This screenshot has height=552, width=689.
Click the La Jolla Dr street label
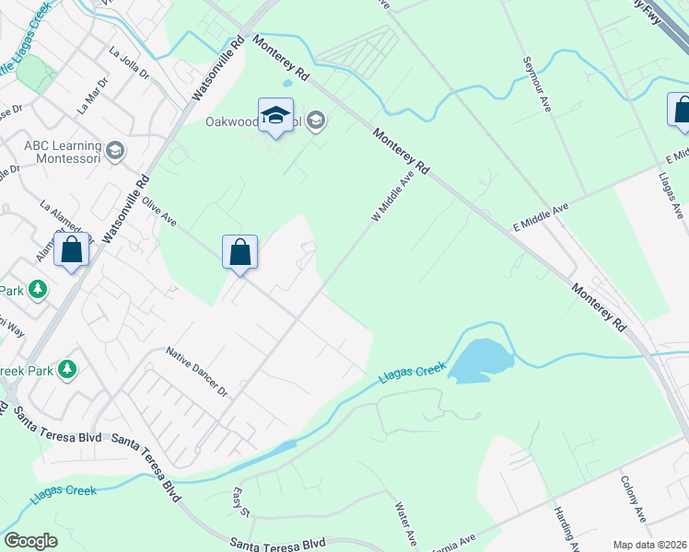(129, 63)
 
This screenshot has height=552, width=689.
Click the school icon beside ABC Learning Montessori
(115, 150)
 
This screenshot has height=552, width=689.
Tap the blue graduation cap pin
(275, 115)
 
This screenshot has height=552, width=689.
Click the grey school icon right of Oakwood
(316, 120)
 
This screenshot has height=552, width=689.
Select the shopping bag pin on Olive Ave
(239, 251)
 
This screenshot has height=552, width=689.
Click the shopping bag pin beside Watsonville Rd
(71, 248)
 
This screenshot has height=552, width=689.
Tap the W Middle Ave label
(391, 195)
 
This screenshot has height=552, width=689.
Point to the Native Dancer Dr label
(196, 371)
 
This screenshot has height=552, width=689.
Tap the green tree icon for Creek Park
(66, 370)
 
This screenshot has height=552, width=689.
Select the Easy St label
(240, 502)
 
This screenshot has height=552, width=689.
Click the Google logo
(30, 541)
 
